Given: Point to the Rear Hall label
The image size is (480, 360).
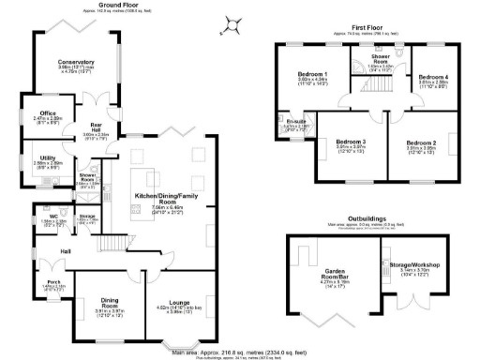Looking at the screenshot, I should click(96, 127).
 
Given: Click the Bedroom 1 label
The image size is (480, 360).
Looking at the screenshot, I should click(312, 74).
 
